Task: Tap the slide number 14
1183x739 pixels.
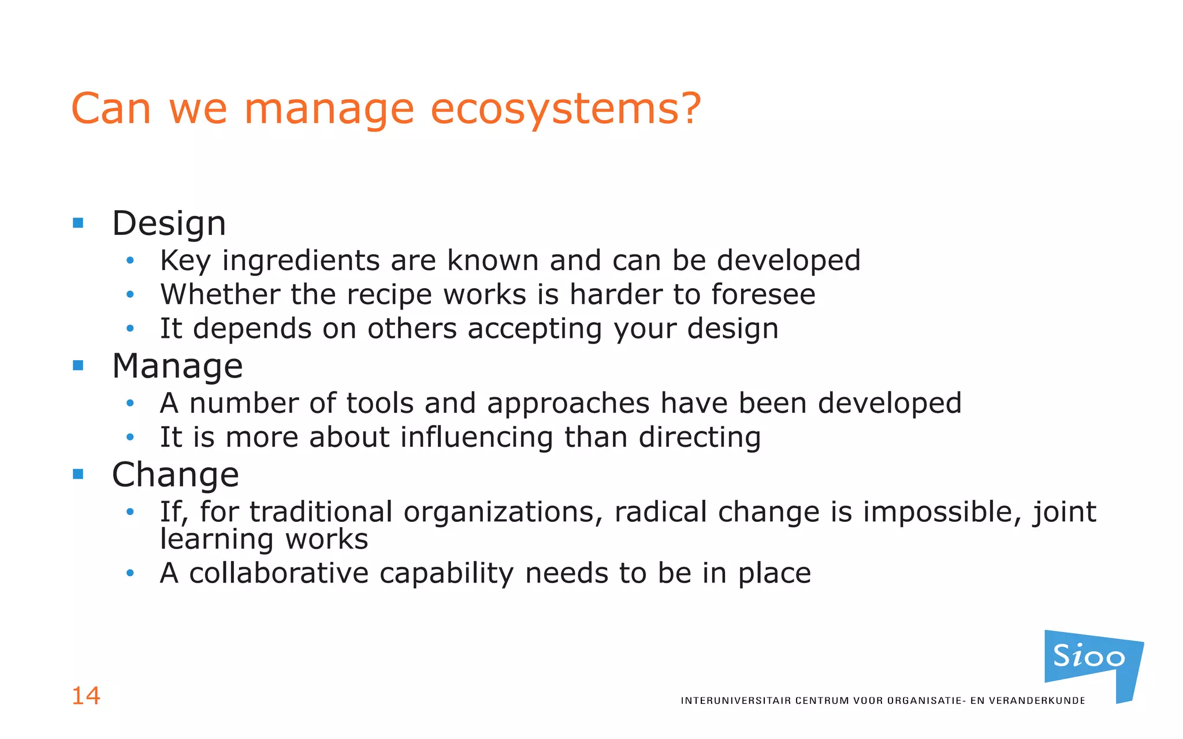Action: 85,696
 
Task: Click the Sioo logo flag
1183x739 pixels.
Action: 1092,661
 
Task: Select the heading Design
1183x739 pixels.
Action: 169,223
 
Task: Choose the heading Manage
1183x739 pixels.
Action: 177,366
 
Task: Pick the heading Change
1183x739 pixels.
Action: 175,475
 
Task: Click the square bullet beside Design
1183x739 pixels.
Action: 78,223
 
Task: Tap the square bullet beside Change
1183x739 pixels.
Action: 78,474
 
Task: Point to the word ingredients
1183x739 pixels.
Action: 300,260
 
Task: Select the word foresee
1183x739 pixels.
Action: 763,294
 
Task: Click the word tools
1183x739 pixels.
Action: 380,403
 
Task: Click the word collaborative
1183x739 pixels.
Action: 279,573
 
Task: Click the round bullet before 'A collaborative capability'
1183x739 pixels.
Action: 131,573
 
